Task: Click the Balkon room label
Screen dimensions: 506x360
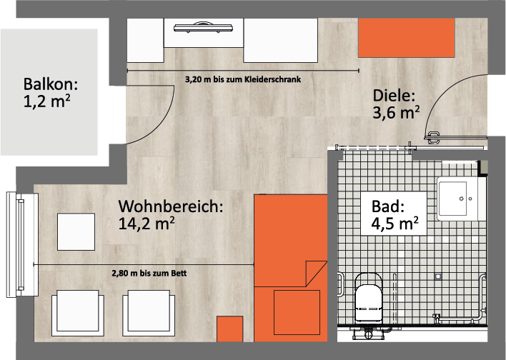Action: coord(50,93)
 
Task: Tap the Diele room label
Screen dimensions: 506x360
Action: coord(396,104)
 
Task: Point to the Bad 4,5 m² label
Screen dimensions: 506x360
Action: coord(395,215)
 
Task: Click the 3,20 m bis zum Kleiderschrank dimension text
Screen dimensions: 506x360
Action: coord(243,79)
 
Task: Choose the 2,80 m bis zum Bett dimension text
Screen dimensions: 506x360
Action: coord(149,274)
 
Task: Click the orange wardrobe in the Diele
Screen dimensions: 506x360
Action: coord(407,38)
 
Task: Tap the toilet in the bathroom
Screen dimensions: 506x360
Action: coord(368,299)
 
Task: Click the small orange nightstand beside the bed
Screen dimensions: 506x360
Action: coord(229,329)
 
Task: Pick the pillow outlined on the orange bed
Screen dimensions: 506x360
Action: coord(297,312)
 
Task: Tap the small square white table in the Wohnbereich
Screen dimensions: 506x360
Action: coord(76,231)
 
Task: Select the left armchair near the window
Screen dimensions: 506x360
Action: coord(78,313)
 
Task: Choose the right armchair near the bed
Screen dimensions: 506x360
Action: coord(149,313)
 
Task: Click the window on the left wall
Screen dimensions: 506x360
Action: coord(22,245)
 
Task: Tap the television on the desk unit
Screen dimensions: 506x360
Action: coord(203,27)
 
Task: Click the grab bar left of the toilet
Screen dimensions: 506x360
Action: coord(341,284)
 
